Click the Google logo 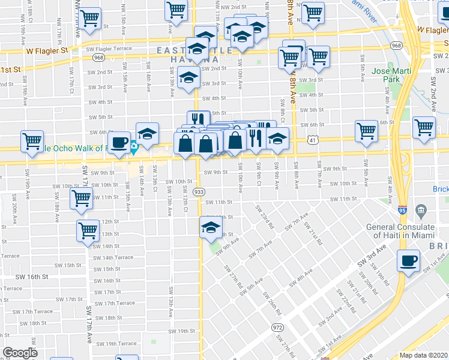tap(20, 352)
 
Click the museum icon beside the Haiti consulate tap(420, 211)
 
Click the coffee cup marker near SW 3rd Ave tap(409, 260)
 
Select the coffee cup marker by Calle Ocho tap(119, 142)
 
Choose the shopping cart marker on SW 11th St tap(81, 198)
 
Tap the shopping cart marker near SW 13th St tap(88, 229)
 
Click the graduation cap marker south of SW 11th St tap(210, 227)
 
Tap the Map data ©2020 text tap(423, 355)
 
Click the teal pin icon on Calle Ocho tap(134, 145)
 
